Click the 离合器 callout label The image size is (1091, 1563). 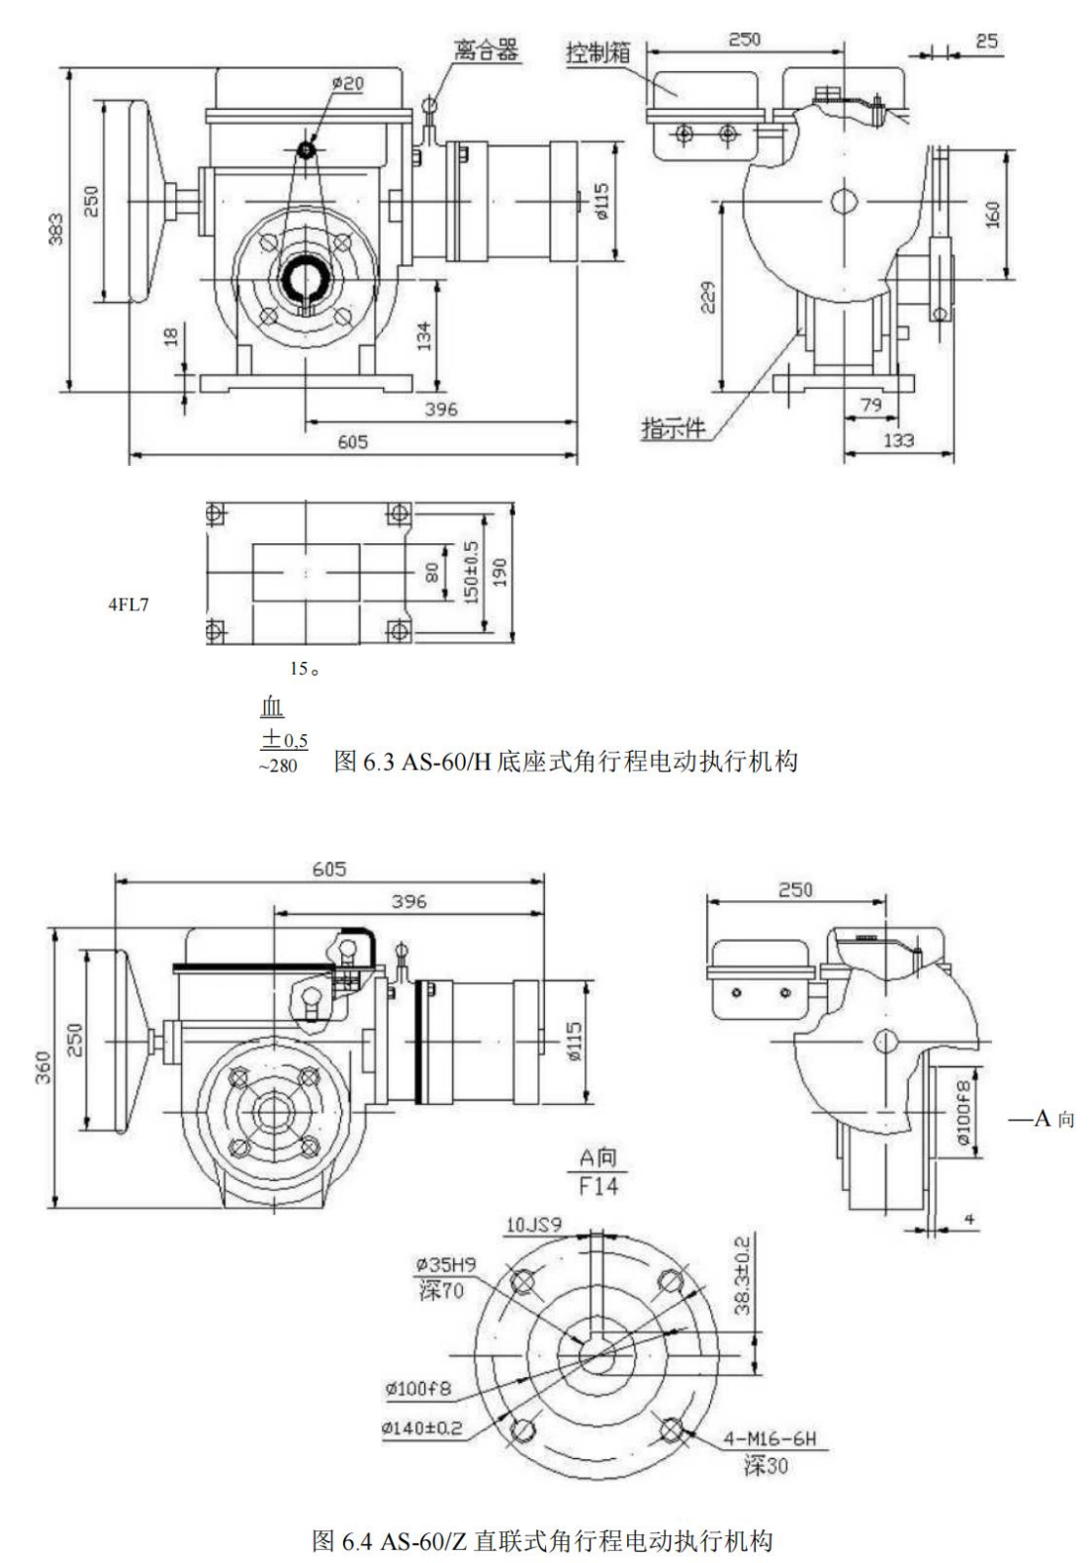pyautogui.click(x=487, y=49)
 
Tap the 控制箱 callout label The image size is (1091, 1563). pyautogui.click(x=597, y=51)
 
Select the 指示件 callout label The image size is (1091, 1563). pyautogui.click(x=674, y=428)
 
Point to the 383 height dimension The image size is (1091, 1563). pyautogui.click(x=56, y=229)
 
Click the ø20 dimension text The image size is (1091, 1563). pyautogui.click(x=347, y=84)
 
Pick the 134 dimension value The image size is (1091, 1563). pyautogui.click(x=424, y=335)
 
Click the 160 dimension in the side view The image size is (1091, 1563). pyautogui.click(x=993, y=214)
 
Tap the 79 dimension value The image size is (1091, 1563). pyautogui.click(x=870, y=406)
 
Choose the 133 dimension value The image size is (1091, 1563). pyautogui.click(x=897, y=440)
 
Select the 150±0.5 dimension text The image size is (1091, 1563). pyautogui.click(x=471, y=572)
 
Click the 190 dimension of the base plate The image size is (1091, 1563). pyautogui.click(x=500, y=572)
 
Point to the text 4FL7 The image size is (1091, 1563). pyautogui.click(x=129, y=604)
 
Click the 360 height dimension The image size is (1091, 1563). pyautogui.click(x=44, y=1066)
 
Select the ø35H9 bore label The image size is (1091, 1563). pyautogui.click(x=445, y=1264)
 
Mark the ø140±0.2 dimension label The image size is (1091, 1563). pyautogui.click(x=422, y=1428)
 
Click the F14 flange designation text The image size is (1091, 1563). pyautogui.click(x=598, y=1184)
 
